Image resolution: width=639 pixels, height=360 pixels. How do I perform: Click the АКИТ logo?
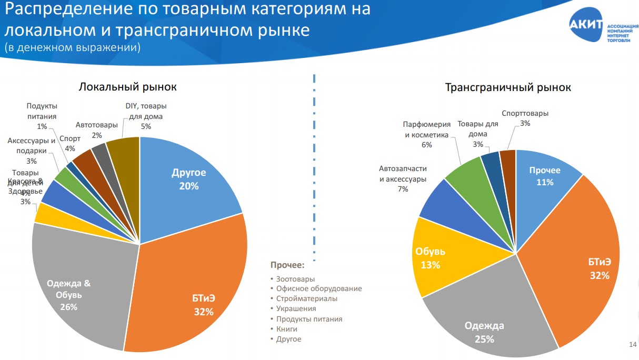(585, 24)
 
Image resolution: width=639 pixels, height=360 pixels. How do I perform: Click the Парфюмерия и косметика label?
(427, 134)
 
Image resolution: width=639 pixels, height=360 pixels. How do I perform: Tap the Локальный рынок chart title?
(127, 87)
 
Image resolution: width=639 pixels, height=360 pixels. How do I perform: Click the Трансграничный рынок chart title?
(508, 87)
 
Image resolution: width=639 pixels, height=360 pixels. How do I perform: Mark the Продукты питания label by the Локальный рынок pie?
(42, 116)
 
